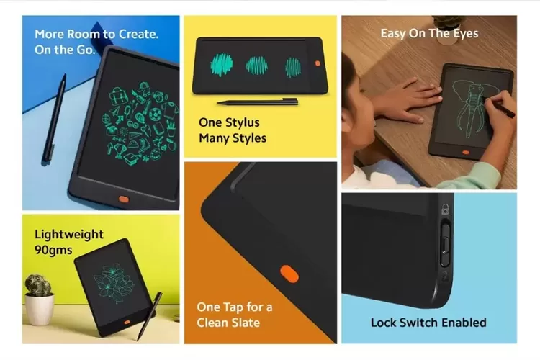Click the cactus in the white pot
38,285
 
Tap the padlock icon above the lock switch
445,209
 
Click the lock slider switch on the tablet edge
445,245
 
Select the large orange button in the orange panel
289,274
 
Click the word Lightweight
69,235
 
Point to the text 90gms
53,250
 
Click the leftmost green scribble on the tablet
222,64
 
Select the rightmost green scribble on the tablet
293,67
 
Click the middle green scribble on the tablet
257,66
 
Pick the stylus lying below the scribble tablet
258,102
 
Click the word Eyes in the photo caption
466,34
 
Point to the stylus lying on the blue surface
54,118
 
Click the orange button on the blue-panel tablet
124,199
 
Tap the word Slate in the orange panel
246,323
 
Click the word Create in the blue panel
138,34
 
